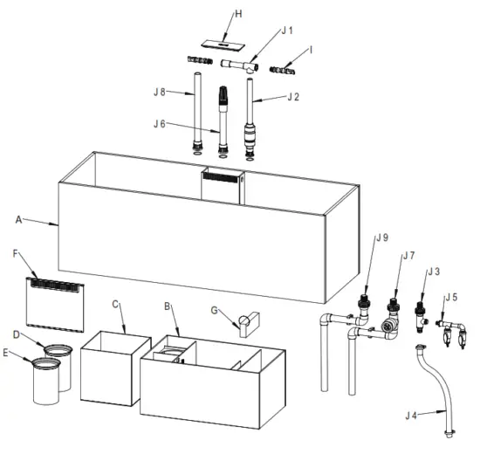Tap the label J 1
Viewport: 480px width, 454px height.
(287, 31)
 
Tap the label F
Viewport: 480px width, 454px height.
(16, 252)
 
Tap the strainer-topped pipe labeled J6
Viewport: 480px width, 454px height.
(223, 118)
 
